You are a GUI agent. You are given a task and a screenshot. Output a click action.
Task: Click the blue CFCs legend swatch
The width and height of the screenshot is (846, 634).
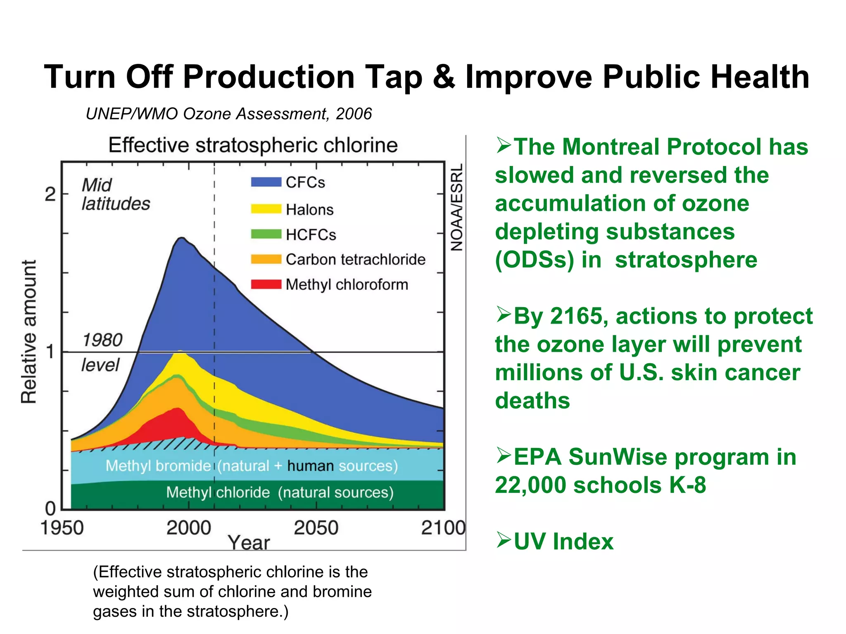[266, 182]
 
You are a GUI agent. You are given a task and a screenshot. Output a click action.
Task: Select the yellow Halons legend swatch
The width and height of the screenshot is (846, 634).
[266, 209]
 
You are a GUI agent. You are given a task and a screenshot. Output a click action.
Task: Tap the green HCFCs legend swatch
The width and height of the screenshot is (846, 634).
[266, 234]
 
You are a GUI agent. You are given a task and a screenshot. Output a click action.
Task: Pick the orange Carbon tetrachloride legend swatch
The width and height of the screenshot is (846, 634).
[266, 259]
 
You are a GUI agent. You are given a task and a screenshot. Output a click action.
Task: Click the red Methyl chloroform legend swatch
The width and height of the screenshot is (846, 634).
[266, 284]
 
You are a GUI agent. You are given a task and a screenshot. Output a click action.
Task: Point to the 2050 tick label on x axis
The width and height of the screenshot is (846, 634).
[316, 528]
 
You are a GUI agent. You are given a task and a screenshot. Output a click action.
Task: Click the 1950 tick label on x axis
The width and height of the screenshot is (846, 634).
[62, 528]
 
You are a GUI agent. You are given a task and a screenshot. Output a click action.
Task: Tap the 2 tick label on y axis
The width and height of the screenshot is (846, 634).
[50, 194]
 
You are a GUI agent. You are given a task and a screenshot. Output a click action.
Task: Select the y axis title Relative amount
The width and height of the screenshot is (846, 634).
[29, 331]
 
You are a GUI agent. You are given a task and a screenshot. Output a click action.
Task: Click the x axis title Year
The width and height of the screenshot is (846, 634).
[249, 542]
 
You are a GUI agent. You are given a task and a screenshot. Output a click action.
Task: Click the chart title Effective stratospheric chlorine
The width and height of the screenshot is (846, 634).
[253, 145]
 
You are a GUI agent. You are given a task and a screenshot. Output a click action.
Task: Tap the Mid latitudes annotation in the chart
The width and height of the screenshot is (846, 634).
[116, 194]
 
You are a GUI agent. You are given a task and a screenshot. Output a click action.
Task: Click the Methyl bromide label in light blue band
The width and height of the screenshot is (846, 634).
[158, 466]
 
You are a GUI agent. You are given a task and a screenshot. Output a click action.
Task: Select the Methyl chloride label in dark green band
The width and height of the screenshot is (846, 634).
[218, 492]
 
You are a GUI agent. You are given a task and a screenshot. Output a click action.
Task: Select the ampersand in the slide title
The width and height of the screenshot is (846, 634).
[444, 77]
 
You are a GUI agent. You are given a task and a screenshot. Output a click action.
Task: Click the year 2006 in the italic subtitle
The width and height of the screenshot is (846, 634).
[354, 114]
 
